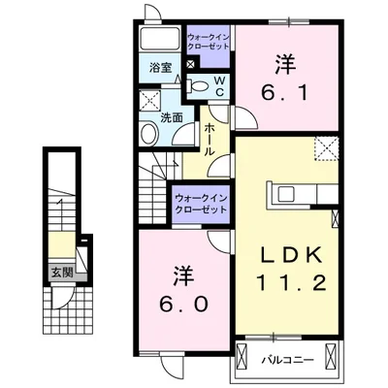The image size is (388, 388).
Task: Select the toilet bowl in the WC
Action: [x=201, y=85]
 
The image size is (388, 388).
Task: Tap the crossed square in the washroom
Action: [x=150, y=100]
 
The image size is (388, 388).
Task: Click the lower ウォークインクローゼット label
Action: [x=202, y=205]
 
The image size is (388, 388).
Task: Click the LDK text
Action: [x=286, y=256]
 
